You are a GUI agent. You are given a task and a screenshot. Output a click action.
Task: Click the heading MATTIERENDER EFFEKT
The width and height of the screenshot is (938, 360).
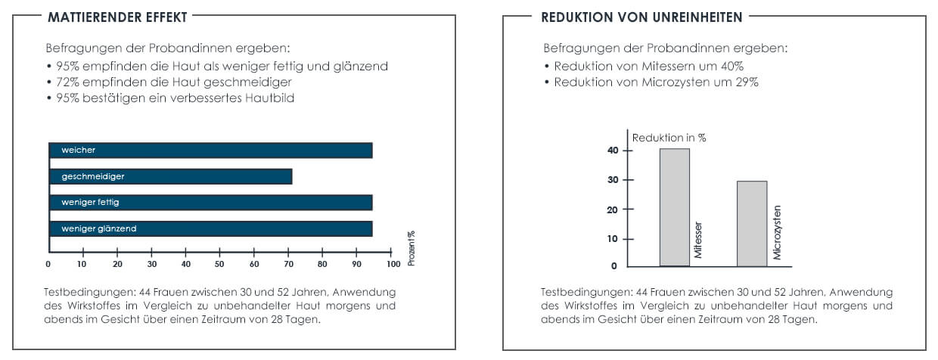click(x=117, y=16)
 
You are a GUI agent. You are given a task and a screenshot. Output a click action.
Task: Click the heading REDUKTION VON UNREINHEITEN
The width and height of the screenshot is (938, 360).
click(x=641, y=16)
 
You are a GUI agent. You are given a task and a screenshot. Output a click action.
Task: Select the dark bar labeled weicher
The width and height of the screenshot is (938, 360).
click(x=210, y=151)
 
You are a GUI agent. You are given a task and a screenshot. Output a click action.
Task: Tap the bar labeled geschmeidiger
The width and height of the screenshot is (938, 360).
click(x=170, y=176)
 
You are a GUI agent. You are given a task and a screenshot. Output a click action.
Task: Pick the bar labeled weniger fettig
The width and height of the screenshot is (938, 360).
click(x=210, y=203)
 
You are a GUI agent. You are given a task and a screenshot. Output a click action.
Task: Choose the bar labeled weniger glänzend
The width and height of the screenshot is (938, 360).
click(x=210, y=228)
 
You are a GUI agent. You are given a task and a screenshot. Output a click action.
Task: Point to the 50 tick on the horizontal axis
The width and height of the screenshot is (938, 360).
click(x=219, y=264)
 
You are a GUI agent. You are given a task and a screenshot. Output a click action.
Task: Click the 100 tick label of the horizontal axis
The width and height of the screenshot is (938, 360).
click(x=393, y=264)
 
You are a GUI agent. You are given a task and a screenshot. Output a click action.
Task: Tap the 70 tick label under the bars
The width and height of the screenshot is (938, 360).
click(x=288, y=264)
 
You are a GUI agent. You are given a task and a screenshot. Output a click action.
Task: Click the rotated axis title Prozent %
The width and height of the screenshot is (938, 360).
click(x=412, y=248)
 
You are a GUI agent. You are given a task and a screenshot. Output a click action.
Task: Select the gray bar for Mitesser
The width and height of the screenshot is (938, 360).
click(x=674, y=207)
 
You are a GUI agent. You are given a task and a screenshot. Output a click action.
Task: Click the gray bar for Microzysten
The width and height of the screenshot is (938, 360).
click(x=752, y=223)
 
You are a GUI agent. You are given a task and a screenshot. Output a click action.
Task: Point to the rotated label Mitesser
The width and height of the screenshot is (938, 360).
click(x=698, y=241)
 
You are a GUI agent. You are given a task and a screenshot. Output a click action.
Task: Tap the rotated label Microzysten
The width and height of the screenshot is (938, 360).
click(x=777, y=232)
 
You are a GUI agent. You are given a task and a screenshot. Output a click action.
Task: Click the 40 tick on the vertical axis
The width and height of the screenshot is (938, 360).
click(x=613, y=150)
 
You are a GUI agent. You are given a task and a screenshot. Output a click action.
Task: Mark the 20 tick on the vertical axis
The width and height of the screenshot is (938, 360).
click(x=613, y=209)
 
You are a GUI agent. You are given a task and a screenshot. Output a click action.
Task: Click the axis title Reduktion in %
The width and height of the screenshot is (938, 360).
click(x=669, y=138)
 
